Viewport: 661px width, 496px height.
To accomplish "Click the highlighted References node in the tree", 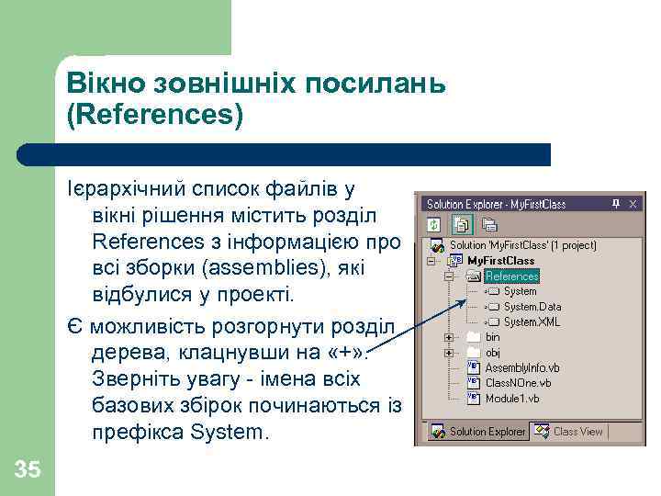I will coord(511,276).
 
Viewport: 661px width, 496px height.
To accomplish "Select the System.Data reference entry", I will coord(532,307).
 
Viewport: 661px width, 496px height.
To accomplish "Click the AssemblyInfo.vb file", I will coord(522,367).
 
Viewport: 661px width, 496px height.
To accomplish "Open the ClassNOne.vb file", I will coord(518,383).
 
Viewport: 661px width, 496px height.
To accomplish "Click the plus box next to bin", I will coord(450,337).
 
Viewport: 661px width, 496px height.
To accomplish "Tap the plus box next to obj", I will coord(450,353).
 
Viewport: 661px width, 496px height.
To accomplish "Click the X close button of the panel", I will coord(633,204).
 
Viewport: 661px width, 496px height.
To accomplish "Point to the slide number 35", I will coord(28,470).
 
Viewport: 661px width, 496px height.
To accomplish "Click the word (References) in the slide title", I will coord(155,116).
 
